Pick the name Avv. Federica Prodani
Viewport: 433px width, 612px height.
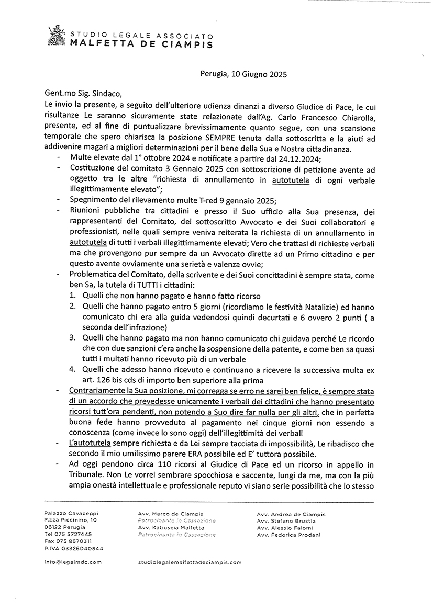289,535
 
